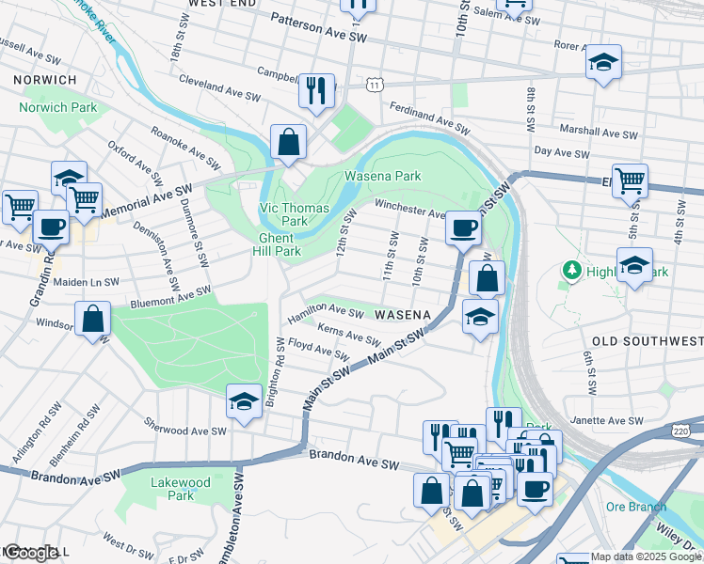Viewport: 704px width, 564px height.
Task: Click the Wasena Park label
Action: click(x=382, y=176)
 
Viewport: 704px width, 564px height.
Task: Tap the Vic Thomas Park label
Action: click(x=294, y=214)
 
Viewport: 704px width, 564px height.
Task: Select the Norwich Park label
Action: click(x=57, y=108)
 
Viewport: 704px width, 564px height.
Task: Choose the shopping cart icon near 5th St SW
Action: click(x=630, y=180)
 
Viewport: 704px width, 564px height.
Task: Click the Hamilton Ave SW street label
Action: click(x=326, y=312)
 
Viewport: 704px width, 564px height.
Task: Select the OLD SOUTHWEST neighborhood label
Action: click(x=648, y=340)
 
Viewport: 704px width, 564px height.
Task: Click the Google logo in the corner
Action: click(x=31, y=553)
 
